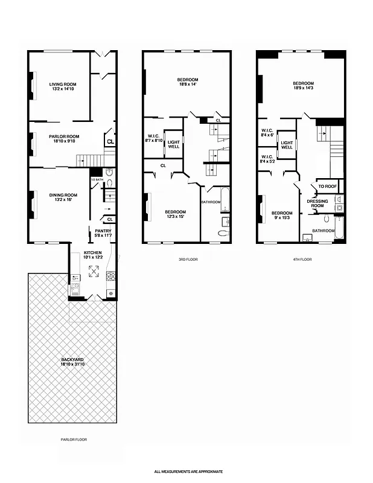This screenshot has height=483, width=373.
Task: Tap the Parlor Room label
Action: [64, 136]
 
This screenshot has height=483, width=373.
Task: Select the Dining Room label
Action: [63, 195]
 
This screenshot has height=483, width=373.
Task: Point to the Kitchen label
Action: [93, 252]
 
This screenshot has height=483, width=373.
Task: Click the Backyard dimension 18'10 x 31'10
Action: [72, 365]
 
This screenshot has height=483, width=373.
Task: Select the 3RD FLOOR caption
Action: [187, 259]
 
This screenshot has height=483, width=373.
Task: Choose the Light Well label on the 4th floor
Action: [287, 144]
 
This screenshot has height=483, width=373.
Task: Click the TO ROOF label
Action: [327, 187]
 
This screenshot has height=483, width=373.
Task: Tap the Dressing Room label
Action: [317, 203]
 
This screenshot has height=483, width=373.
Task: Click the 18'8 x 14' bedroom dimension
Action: [187, 85]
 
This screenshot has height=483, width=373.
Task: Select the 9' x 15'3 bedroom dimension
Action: [281, 217]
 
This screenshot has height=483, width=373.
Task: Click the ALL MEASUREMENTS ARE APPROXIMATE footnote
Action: [188, 471]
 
